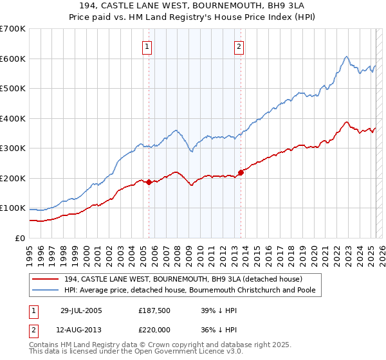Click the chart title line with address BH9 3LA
tap(192, 5)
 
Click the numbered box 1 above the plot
tap(147, 46)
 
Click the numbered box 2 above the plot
tap(239, 46)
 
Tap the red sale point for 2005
tap(149, 182)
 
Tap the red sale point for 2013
tap(241, 172)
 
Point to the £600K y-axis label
tap(13, 59)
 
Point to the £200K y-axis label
tap(13, 178)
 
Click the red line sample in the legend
tap(46, 279)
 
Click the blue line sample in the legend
tap(46, 291)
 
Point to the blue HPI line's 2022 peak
tap(346, 57)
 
